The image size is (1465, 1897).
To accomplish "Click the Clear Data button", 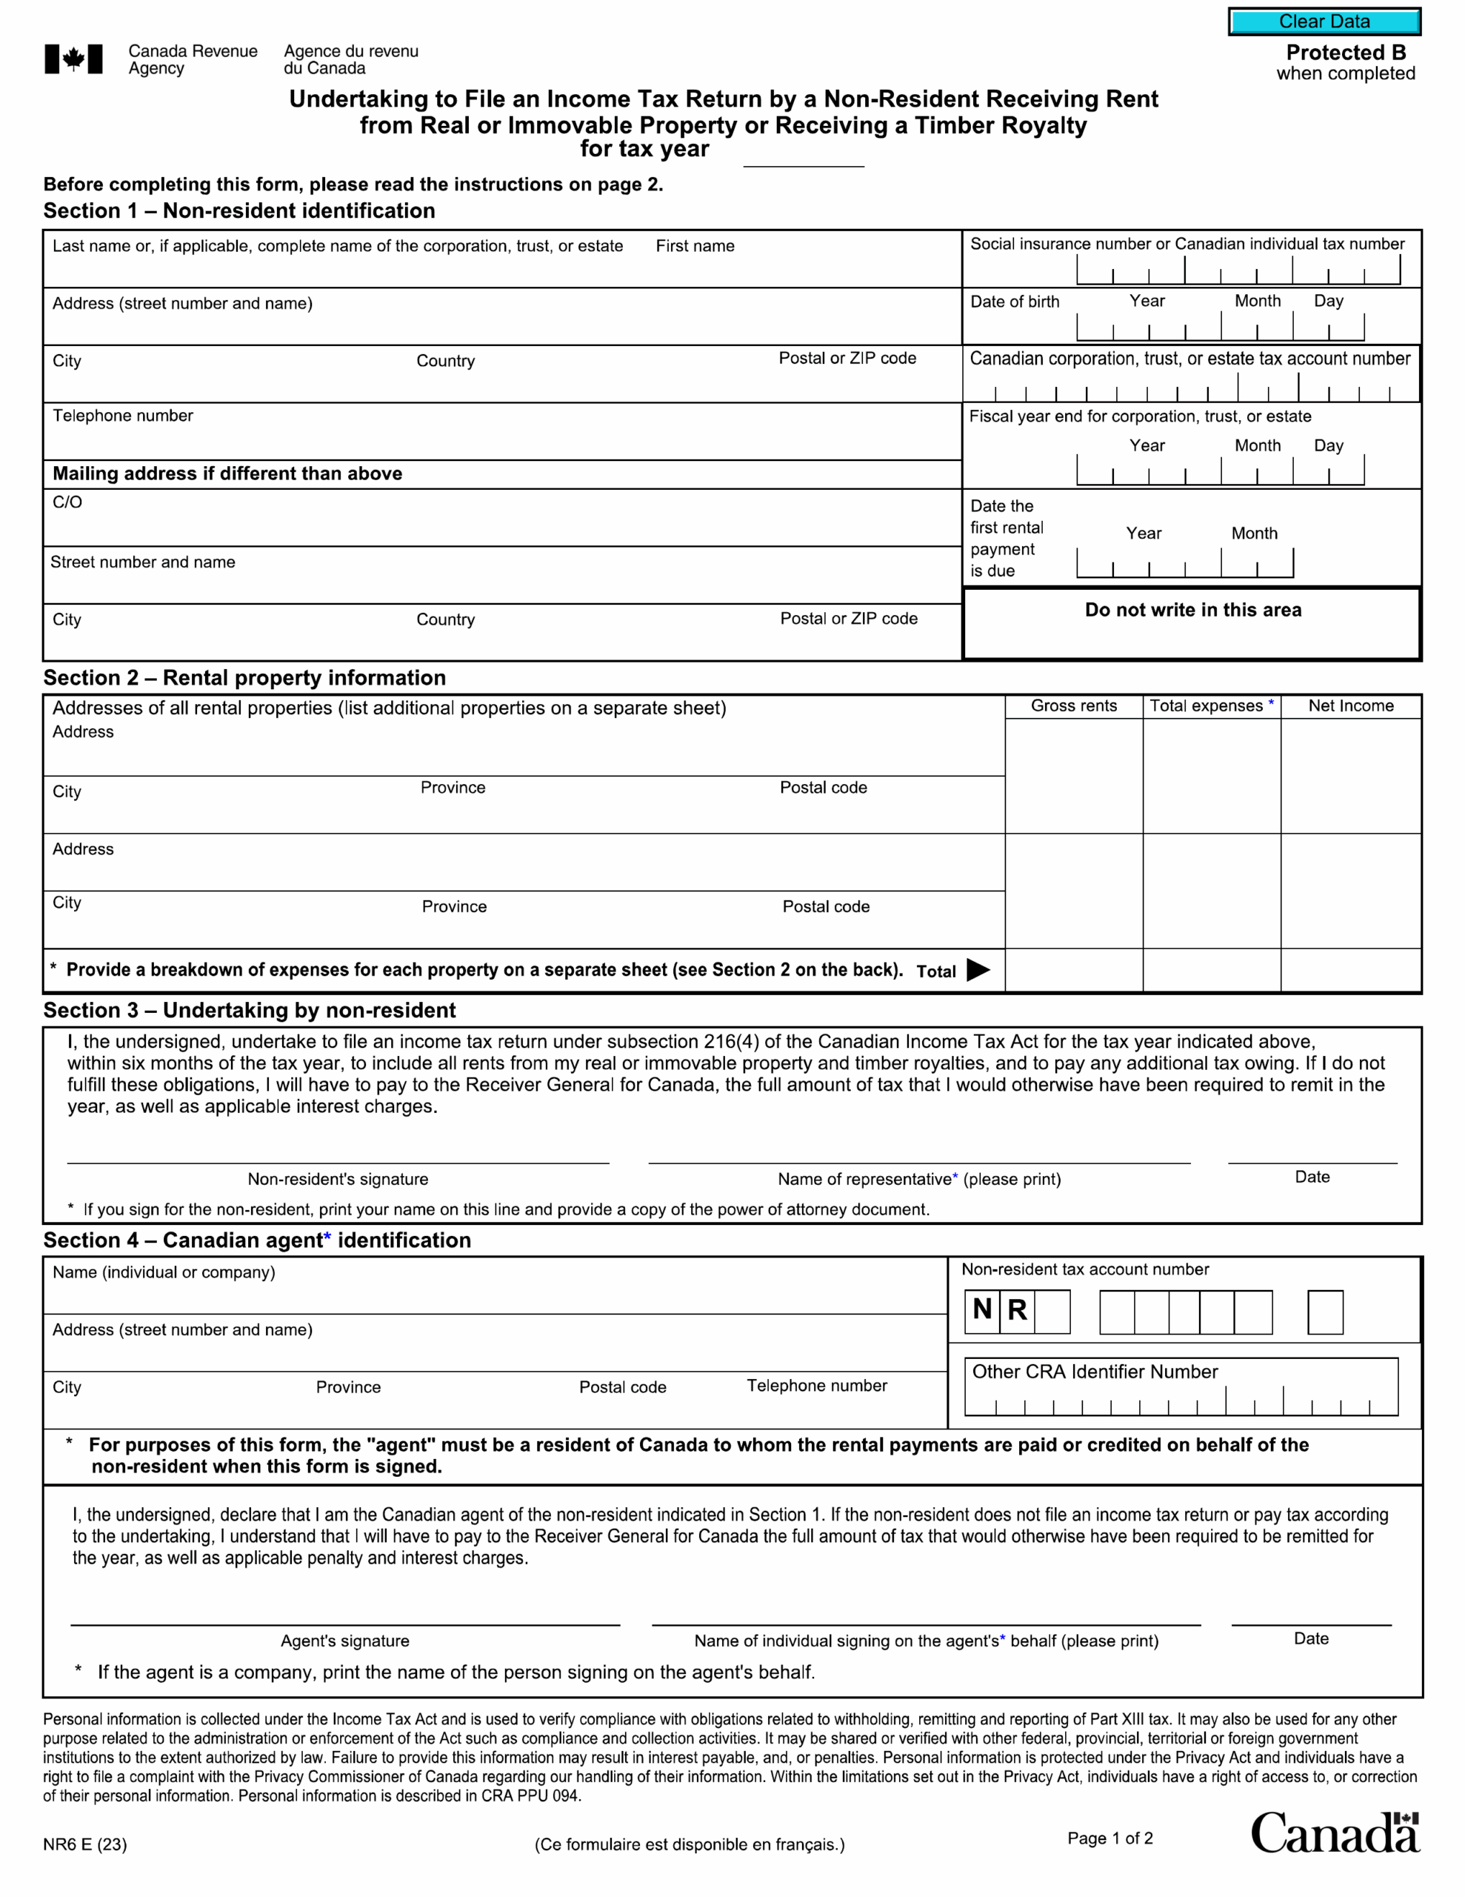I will [x=1324, y=21].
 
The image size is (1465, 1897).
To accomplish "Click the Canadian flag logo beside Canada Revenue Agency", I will [x=74, y=59].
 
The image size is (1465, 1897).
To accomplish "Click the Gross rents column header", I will [x=1073, y=706].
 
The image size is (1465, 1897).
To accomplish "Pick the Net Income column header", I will [x=1350, y=706].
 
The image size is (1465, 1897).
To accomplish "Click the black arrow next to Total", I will [x=978, y=970].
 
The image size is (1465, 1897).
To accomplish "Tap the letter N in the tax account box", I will [x=982, y=1309].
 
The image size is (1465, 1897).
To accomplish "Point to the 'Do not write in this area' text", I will [x=1192, y=610].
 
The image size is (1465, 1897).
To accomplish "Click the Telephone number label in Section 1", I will [x=122, y=416].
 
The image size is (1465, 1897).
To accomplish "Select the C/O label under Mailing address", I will [x=67, y=502].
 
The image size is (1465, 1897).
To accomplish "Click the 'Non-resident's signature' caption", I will [x=338, y=1179].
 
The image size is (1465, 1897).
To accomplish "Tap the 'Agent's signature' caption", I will [x=344, y=1641].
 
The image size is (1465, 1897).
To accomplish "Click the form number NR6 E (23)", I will [x=85, y=1844].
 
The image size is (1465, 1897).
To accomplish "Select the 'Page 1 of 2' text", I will [x=1109, y=1838].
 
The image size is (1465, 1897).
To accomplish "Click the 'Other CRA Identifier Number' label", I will [x=1094, y=1372].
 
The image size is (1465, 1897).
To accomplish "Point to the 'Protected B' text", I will [x=1345, y=52].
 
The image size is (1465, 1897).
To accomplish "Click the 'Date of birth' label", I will [x=1014, y=302].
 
